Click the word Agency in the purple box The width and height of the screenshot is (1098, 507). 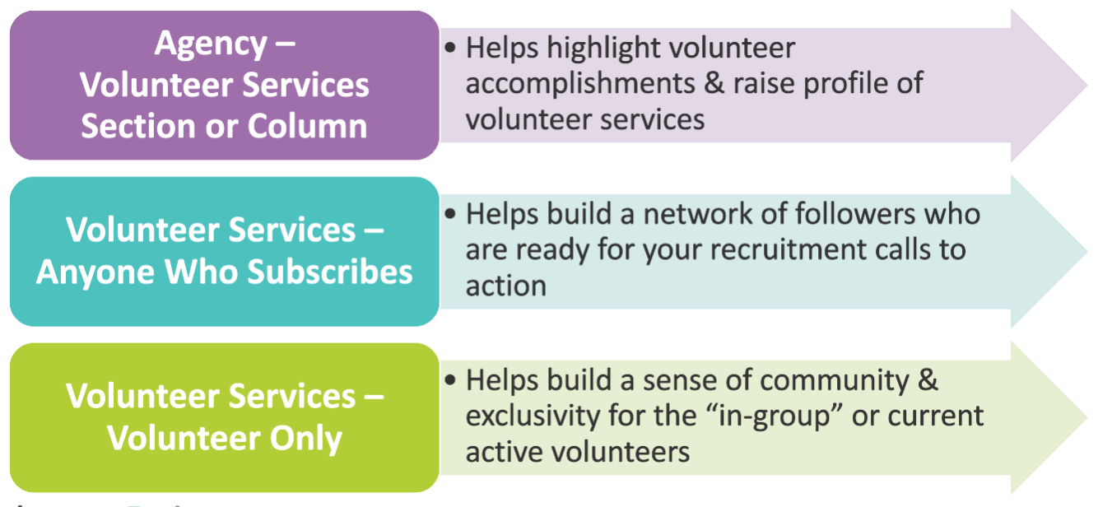click(x=210, y=44)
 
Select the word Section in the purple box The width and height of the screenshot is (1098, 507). click(x=138, y=126)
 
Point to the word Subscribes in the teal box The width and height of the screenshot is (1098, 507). click(x=330, y=272)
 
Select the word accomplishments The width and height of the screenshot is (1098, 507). click(x=580, y=84)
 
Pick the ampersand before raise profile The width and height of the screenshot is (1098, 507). click(x=714, y=83)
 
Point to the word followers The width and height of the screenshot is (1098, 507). click(x=855, y=214)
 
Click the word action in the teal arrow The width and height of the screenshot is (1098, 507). click(x=506, y=286)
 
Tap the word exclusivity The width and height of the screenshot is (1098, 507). click(x=533, y=416)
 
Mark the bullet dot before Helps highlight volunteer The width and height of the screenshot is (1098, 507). click(x=450, y=48)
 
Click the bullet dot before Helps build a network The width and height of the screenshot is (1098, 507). click(x=450, y=214)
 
